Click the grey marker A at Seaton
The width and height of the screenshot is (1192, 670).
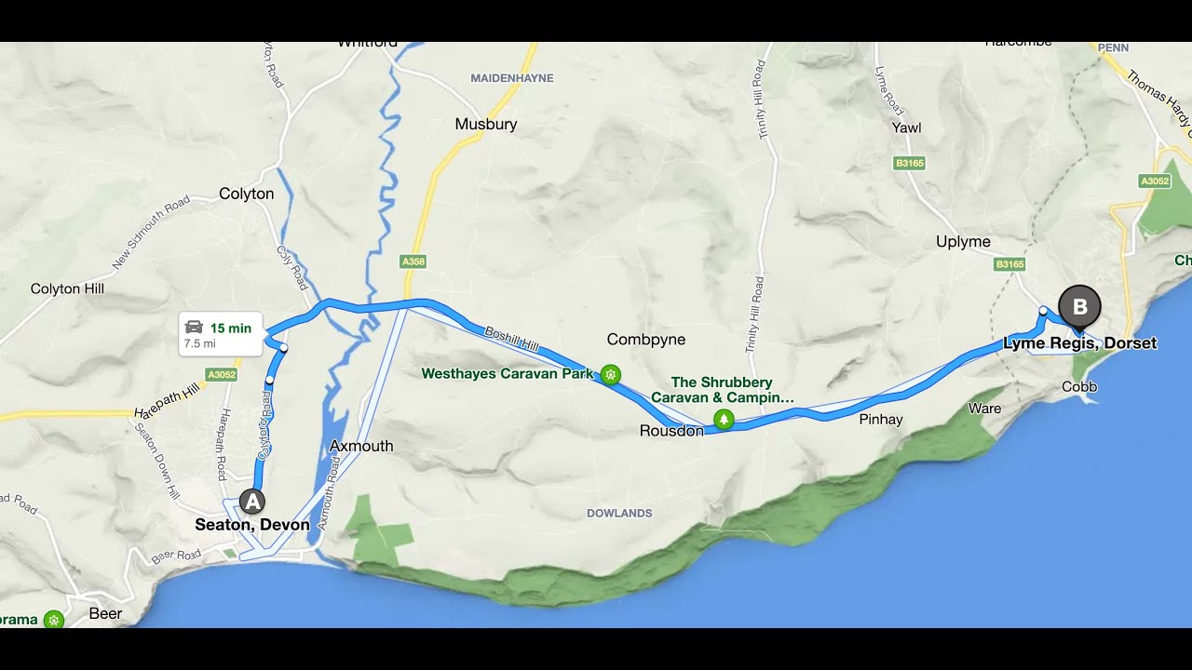pyautogui.click(x=251, y=502)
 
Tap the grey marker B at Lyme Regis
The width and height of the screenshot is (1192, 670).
pyautogui.click(x=1079, y=306)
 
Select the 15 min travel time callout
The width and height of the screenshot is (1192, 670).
pyautogui.click(x=220, y=334)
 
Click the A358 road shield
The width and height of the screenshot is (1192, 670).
pyautogui.click(x=413, y=261)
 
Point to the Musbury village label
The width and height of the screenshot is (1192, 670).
pyautogui.click(x=485, y=124)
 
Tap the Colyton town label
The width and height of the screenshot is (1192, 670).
pyautogui.click(x=246, y=194)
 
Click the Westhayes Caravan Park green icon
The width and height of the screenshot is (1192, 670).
pyautogui.click(x=610, y=374)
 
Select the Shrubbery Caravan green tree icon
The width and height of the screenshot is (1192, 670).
pyautogui.click(x=724, y=420)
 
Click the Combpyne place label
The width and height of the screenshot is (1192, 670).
pyautogui.click(x=645, y=340)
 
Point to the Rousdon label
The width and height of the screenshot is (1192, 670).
pyautogui.click(x=670, y=431)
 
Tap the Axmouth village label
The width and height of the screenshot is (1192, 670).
pyautogui.click(x=361, y=446)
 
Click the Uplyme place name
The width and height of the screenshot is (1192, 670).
pyautogui.click(x=963, y=242)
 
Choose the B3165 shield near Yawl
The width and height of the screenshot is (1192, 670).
pyautogui.click(x=909, y=163)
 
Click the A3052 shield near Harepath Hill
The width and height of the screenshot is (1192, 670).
pyautogui.click(x=222, y=375)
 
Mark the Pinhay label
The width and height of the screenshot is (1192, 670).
pyautogui.click(x=880, y=419)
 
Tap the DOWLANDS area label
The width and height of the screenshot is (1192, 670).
pyautogui.click(x=619, y=513)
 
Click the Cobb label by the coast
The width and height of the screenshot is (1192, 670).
pyautogui.click(x=1079, y=386)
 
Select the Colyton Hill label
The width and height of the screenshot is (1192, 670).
pyautogui.click(x=67, y=288)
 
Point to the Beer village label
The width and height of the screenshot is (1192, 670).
pyautogui.click(x=105, y=613)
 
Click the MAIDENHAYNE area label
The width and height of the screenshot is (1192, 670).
pyautogui.click(x=511, y=78)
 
